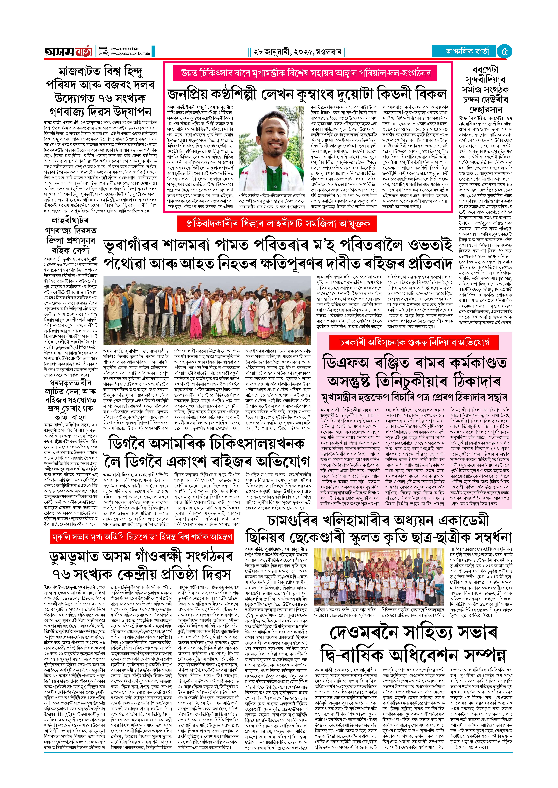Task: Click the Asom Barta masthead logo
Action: pyautogui.click(x=69, y=52)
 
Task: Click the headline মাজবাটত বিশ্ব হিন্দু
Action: pyautogui.click(x=100, y=71)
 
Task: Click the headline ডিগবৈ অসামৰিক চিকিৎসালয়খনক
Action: pyautogui.click(x=206, y=444)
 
